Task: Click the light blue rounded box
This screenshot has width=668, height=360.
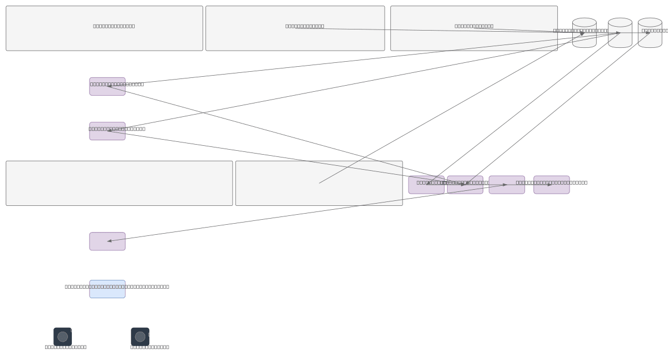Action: (x=107, y=289)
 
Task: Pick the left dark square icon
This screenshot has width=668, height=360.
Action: (x=62, y=337)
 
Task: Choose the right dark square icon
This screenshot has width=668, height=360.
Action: (x=140, y=337)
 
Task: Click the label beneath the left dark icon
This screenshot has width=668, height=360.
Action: (x=66, y=347)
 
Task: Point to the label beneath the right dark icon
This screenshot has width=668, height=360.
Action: (x=150, y=347)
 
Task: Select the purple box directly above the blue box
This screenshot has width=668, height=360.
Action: (x=107, y=241)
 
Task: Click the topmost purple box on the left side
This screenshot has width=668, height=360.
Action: (x=107, y=87)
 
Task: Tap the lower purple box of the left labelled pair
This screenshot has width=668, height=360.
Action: (x=107, y=131)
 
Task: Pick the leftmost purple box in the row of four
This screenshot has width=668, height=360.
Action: (x=426, y=185)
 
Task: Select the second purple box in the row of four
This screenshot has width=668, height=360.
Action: (x=465, y=185)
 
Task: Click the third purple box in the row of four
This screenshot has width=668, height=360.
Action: (x=507, y=185)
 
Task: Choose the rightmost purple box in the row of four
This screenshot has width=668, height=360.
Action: (x=551, y=185)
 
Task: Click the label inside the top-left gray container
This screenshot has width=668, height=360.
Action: (x=114, y=26)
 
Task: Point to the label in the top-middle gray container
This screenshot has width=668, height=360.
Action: (x=304, y=26)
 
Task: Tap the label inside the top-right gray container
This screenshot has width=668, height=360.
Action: (x=474, y=26)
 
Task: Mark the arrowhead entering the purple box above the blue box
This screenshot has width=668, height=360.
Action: (x=110, y=241)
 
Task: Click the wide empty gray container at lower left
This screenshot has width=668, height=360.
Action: (x=119, y=184)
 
